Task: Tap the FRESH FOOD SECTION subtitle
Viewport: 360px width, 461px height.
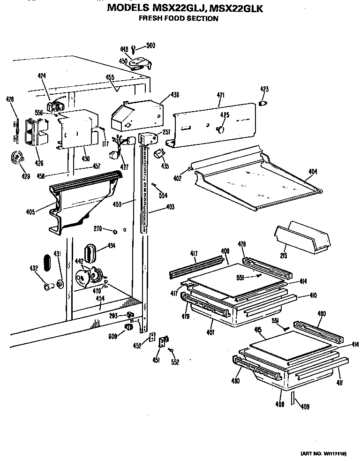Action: pyautogui.click(x=179, y=19)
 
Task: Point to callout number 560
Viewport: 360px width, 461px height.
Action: pyautogui.click(x=150, y=45)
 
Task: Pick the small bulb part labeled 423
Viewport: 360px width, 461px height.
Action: pyautogui.click(x=263, y=103)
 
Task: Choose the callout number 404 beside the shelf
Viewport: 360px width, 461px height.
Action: pyautogui.click(x=313, y=172)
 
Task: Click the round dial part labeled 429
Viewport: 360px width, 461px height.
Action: pyautogui.click(x=18, y=158)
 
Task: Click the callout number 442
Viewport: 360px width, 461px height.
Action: pyautogui.click(x=80, y=262)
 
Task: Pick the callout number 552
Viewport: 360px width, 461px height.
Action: pyautogui.click(x=175, y=362)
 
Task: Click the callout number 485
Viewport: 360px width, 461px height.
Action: pyautogui.click(x=258, y=330)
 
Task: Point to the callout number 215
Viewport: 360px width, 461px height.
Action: pyautogui.click(x=283, y=256)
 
